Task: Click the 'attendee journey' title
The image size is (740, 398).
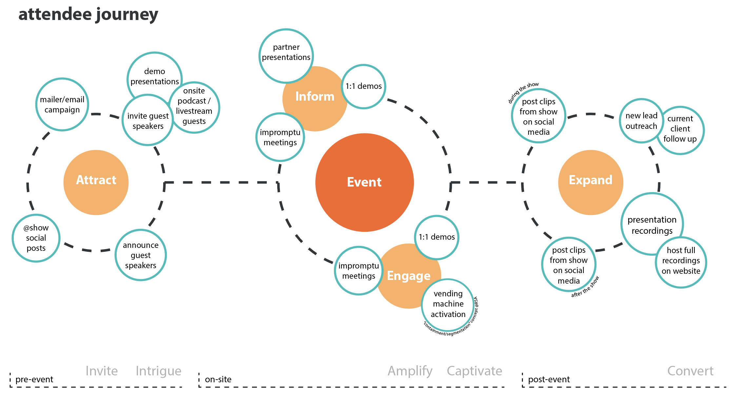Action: click(88, 15)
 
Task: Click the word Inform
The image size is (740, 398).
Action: click(315, 96)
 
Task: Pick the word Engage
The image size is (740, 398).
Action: click(409, 276)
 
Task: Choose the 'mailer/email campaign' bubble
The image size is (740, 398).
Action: click(62, 105)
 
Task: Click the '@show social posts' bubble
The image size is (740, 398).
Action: click(36, 238)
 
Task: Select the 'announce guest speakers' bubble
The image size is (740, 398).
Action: click(141, 255)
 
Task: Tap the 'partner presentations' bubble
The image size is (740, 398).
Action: click(286, 52)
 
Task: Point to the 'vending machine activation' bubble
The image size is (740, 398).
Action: click(448, 304)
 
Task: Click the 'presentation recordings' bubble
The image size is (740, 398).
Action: click(652, 225)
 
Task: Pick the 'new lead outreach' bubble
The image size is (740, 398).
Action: click(641, 121)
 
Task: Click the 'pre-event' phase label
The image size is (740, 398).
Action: click(34, 379)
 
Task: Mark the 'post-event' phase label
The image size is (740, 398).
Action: click(549, 379)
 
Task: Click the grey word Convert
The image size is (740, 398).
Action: click(690, 371)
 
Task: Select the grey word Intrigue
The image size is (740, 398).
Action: click(158, 371)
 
